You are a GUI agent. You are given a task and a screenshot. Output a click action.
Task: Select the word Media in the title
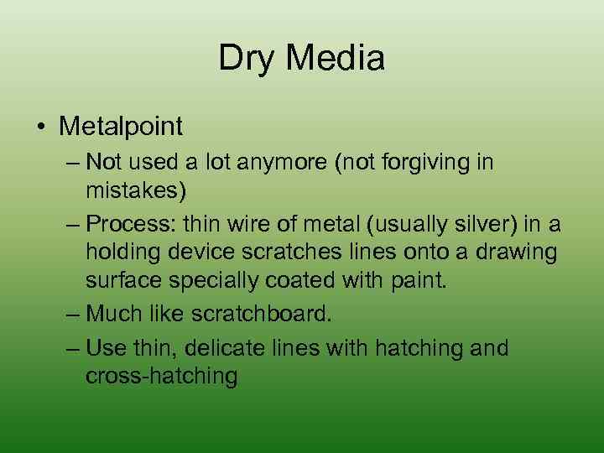coord(339,59)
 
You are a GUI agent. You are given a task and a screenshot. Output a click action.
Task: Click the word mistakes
coord(135,191)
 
